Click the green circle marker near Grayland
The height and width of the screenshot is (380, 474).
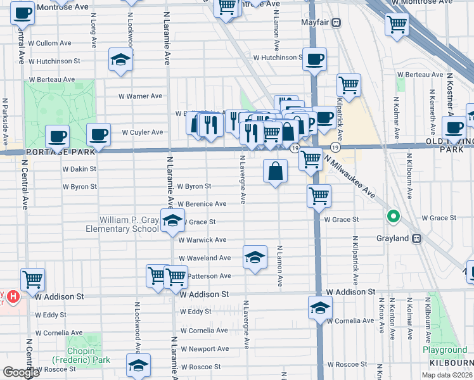point(394,217)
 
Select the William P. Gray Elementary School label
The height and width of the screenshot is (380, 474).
point(129,224)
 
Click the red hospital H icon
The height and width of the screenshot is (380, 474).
point(14,296)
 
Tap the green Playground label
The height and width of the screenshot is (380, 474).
point(445,350)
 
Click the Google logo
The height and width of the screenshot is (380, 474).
point(21,372)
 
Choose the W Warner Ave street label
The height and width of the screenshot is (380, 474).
point(141,96)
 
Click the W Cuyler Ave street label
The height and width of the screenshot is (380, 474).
point(142,132)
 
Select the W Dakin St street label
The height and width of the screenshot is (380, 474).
point(79,169)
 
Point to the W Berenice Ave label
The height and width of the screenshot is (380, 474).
point(202,204)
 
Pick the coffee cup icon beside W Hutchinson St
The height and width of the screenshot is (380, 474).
point(314,60)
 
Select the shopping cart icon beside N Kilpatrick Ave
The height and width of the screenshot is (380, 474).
point(348,85)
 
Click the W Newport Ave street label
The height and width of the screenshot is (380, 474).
point(205,348)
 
